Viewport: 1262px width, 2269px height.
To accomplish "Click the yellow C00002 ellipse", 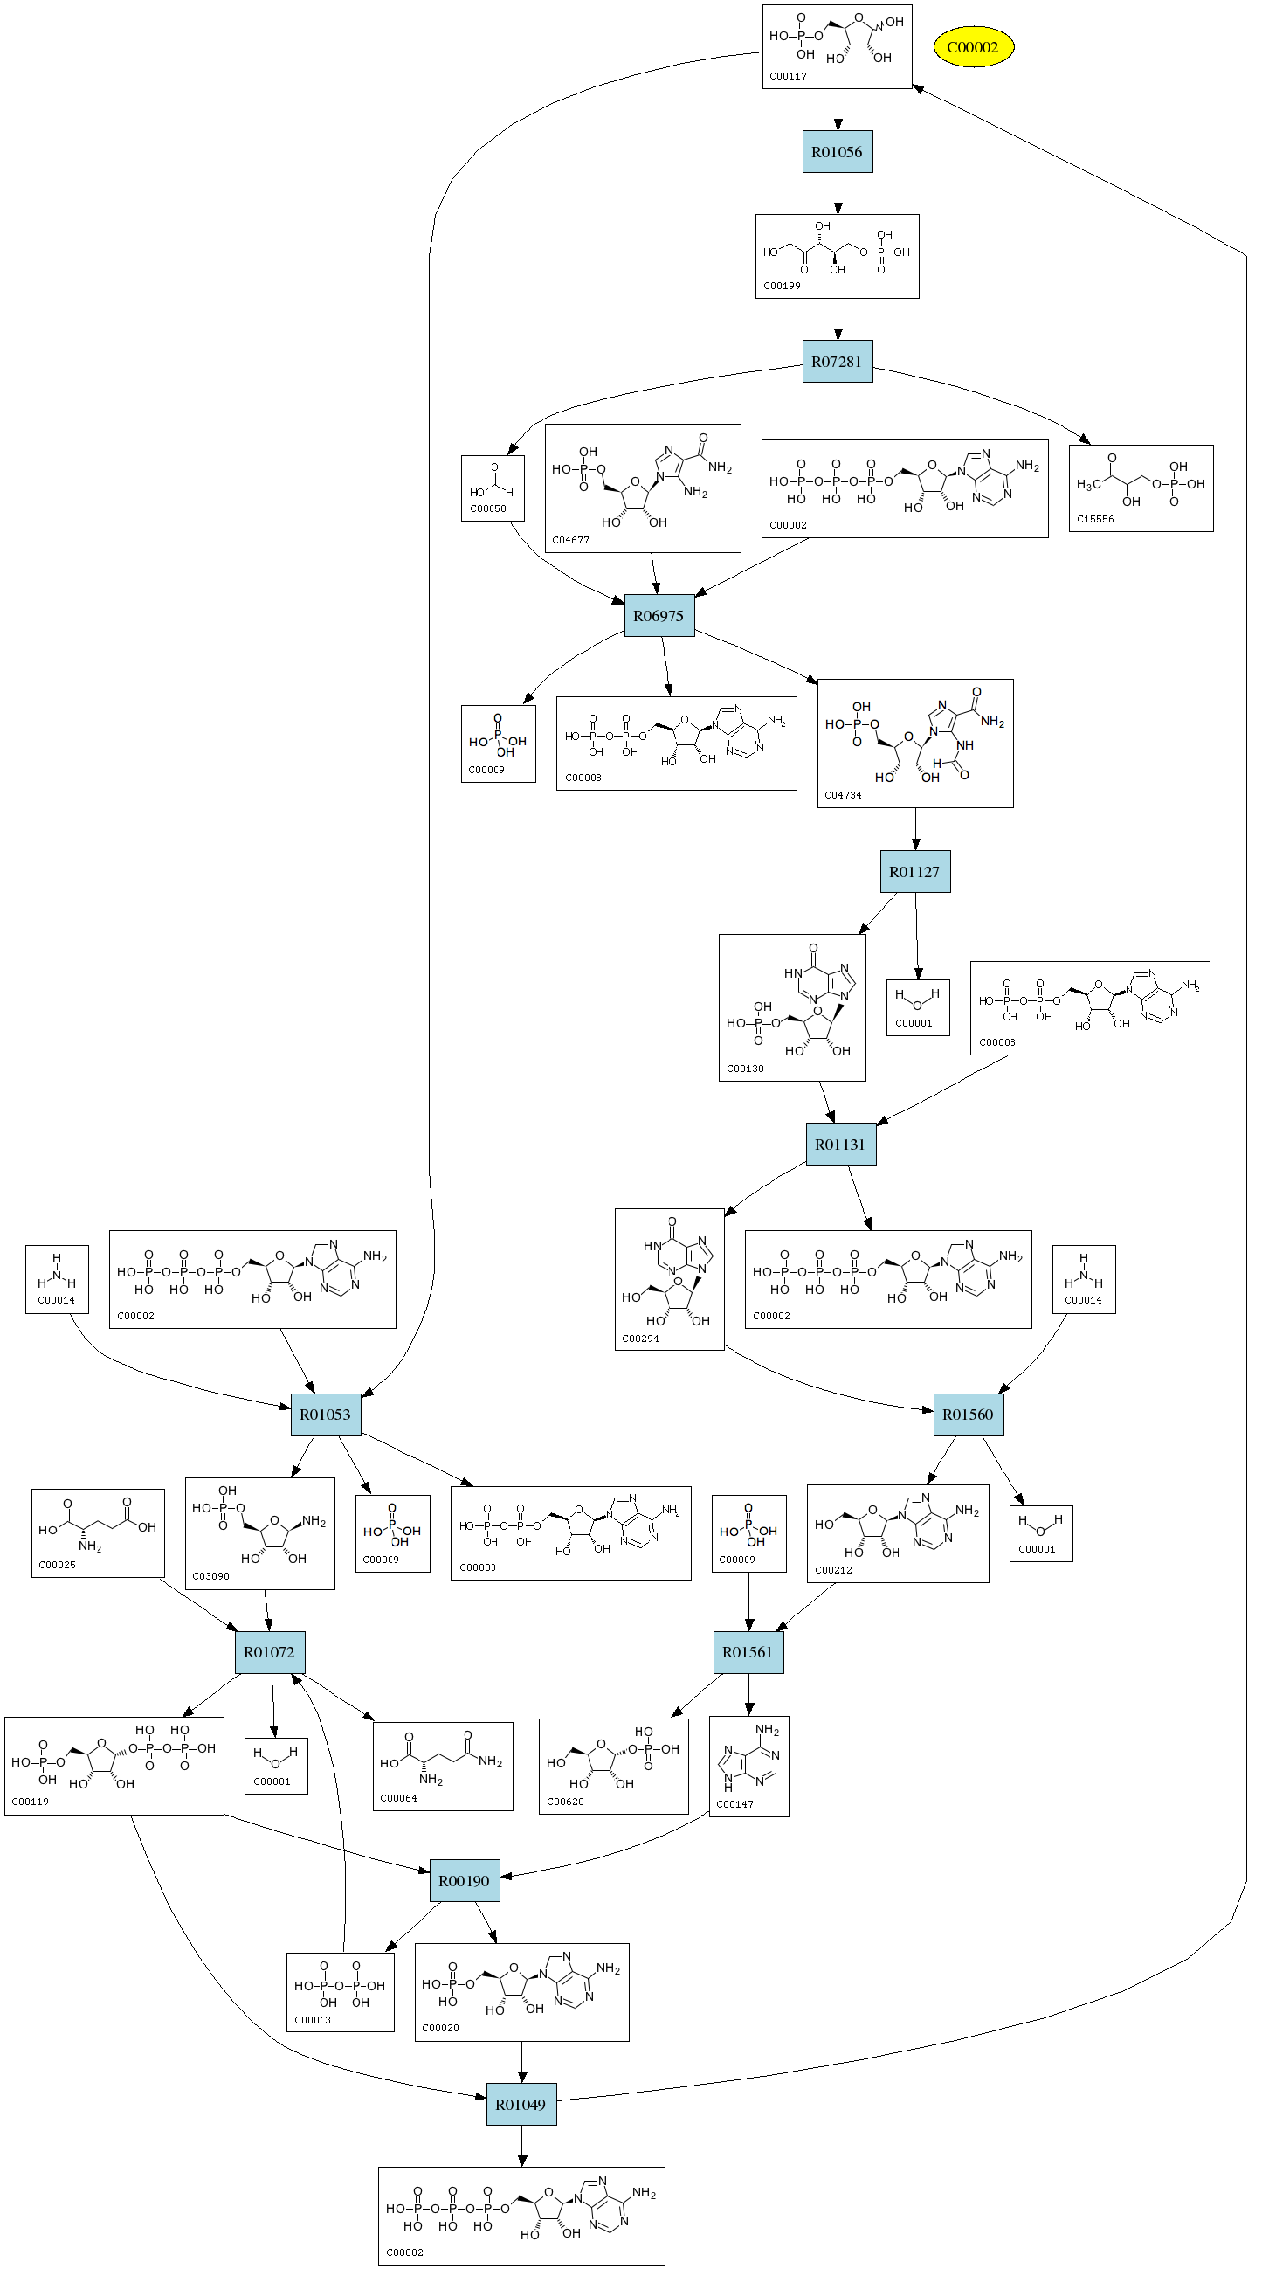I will coord(973,47).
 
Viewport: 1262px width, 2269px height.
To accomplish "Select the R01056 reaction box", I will coord(837,152).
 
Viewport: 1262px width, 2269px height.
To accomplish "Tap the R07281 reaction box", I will coord(837,362).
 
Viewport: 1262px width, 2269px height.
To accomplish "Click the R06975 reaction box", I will coord(659,616).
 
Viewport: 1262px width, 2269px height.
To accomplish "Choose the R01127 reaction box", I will coord(914,872).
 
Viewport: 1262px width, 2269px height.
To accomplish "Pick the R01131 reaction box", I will coord(840,1145).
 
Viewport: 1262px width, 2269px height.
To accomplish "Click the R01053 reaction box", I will coord(325,1415).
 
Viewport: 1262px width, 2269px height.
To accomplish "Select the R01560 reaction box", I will coord(968,1415).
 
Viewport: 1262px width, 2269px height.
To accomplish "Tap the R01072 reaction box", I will coord(270,1652).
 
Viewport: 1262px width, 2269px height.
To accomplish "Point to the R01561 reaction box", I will coord(748,1652).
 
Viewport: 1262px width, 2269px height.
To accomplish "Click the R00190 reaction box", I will coord(464,1881).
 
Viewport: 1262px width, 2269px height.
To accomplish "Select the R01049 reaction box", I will coord(521,2105).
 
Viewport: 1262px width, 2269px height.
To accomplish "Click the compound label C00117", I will coord(788,77).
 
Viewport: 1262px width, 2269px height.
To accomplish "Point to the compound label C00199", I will coord(782,287).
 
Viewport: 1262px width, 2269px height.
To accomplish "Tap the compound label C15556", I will coord(1095,520).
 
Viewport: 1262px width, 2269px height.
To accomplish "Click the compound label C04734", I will coord(843,795).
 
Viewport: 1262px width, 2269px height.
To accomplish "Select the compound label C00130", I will coord(745,1069).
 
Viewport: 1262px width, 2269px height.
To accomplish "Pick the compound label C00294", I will coord(640,1339).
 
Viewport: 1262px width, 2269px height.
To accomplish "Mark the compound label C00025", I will coord(58,1565).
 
